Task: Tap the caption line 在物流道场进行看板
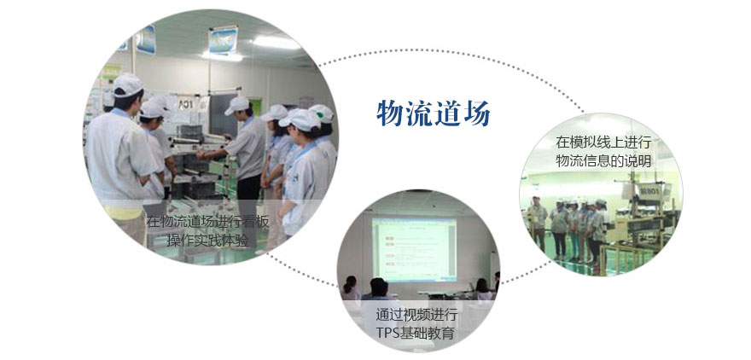click(208, 222)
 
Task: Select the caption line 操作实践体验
click(208, 240)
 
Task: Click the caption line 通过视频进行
click(416, 316)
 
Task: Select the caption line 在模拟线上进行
click(603, 142)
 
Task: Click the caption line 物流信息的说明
click(603, 161)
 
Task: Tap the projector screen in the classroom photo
click(414, 249)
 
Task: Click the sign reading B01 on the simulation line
click(650, 191)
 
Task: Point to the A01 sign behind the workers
click(186, 103)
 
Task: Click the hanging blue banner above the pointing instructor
click(223, 40)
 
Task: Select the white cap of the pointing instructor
click(237, 105)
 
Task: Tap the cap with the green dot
click(322, 113)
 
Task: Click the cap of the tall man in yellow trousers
click(127, 84)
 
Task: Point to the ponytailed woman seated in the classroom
click(350, 287)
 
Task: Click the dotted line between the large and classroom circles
click(301, 271)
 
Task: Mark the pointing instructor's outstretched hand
click(201, 154)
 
